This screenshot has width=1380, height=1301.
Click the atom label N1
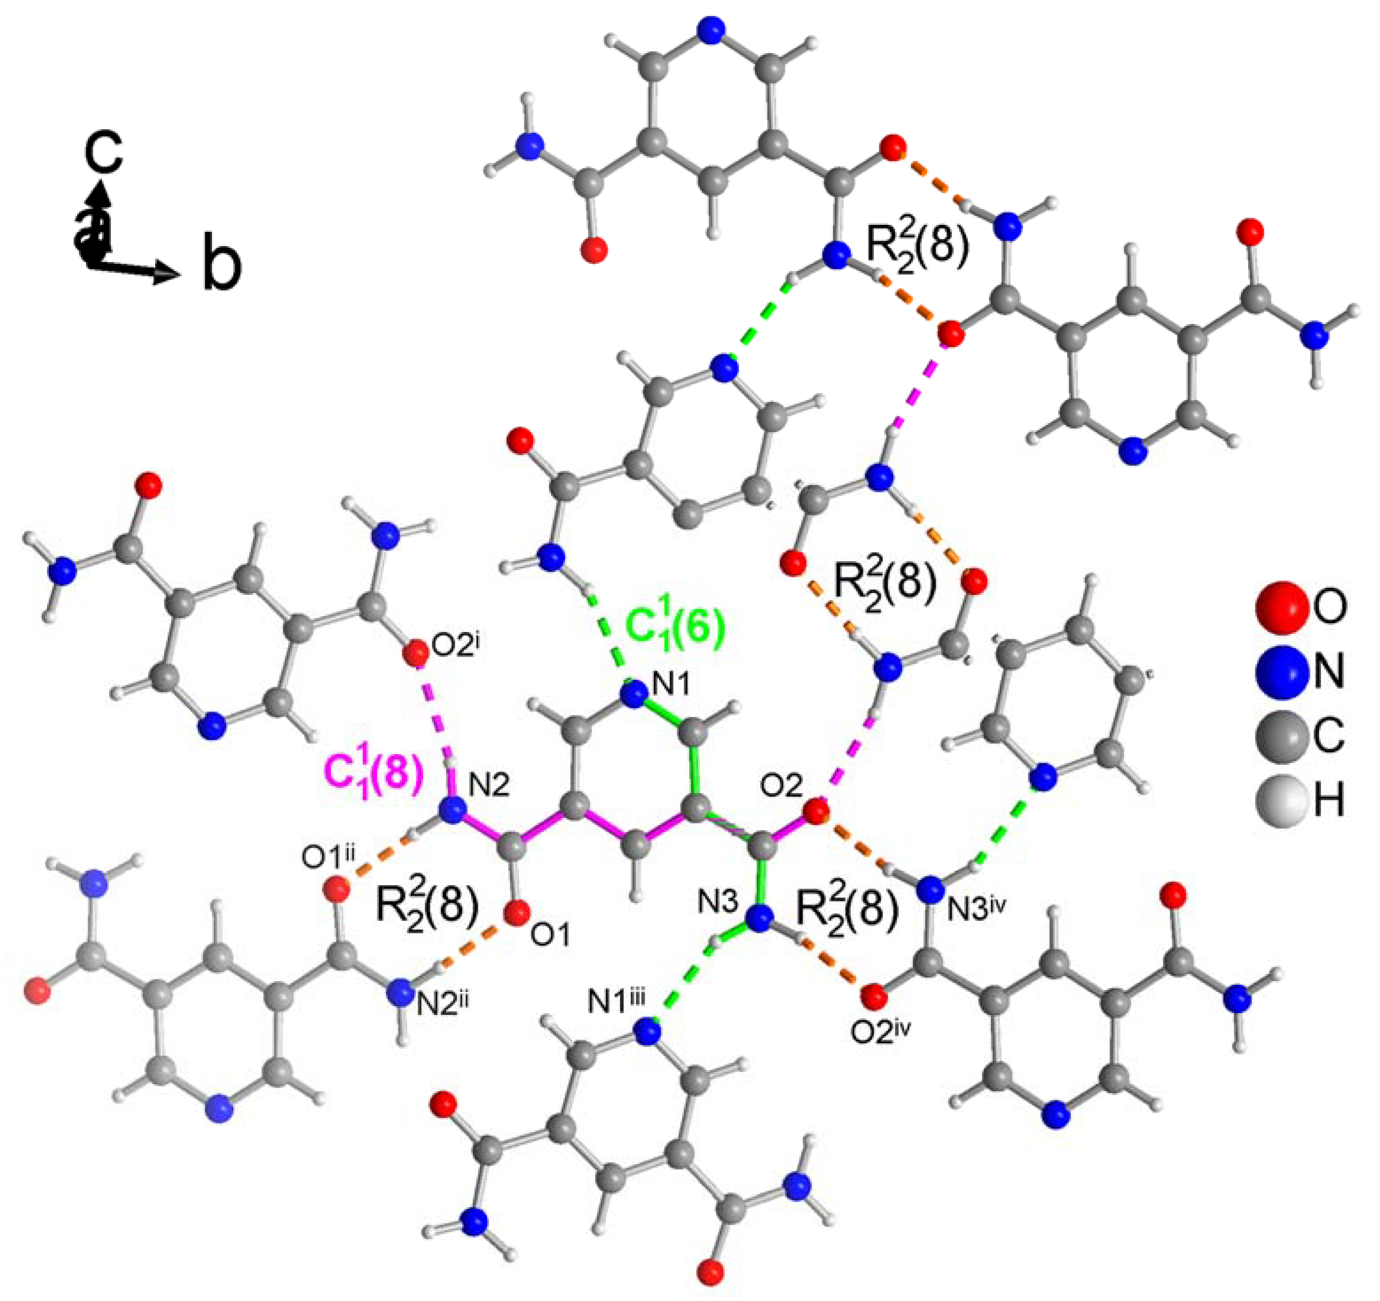671,686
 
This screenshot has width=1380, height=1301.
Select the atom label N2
490,785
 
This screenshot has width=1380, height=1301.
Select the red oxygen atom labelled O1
517,914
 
